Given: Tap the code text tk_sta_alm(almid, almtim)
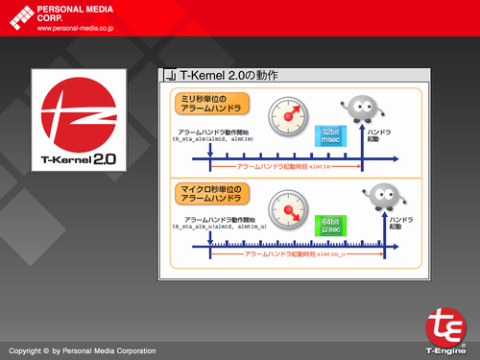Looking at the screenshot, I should [212, 140].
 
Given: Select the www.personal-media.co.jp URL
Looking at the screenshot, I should [77, 28].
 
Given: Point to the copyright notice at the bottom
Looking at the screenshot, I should [81, 351].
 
